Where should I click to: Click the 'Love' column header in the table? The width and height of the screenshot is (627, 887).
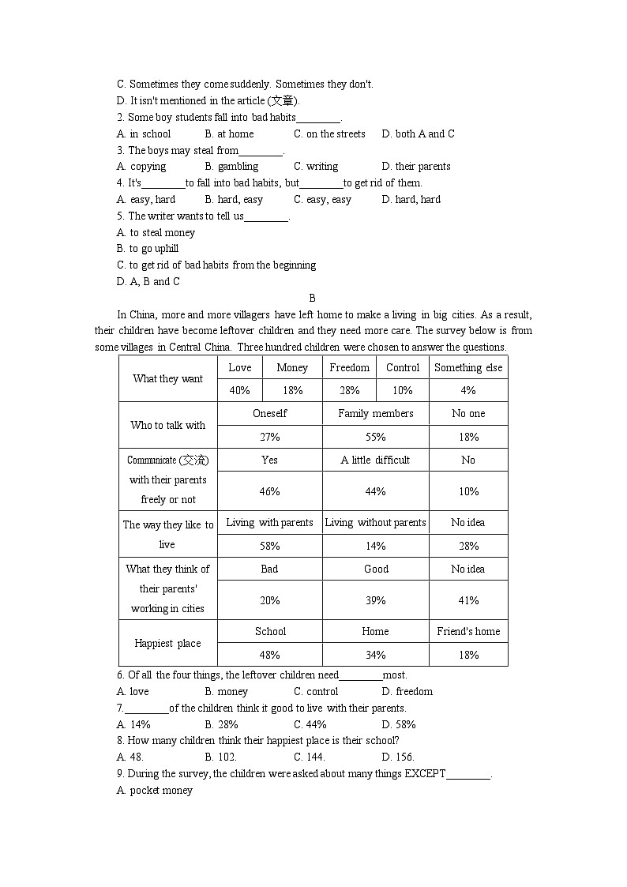click(240, 367)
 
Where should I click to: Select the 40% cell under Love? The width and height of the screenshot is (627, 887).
click(240, 390)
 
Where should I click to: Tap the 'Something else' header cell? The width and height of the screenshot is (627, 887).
click(468, 367)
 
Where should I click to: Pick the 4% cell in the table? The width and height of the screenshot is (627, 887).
click(468, 390)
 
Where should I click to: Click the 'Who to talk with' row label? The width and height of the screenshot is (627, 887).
click(168, 425)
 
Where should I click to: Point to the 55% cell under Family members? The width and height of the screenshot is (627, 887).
click(376, 437)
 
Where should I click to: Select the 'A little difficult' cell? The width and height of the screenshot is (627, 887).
click(376, 460)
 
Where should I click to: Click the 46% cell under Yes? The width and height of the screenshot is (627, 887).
click(270, 491)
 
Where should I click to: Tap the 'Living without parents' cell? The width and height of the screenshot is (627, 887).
click(376, 522)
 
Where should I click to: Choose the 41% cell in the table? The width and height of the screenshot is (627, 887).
click(468, 600)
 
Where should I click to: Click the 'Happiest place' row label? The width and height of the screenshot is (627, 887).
click(168, 643)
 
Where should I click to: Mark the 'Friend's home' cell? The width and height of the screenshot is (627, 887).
click(468, 631)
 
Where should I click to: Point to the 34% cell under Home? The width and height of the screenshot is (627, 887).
click(376, 655)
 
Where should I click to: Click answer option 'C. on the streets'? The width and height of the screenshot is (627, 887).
click(329, 134)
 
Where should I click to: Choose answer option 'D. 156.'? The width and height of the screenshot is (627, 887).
click(398, 757)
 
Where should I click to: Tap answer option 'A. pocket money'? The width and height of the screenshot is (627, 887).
click(155, 791)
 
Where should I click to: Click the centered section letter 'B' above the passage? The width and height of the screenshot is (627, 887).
click(313, 298)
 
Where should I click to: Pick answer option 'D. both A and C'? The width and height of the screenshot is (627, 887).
click(418, 134)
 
